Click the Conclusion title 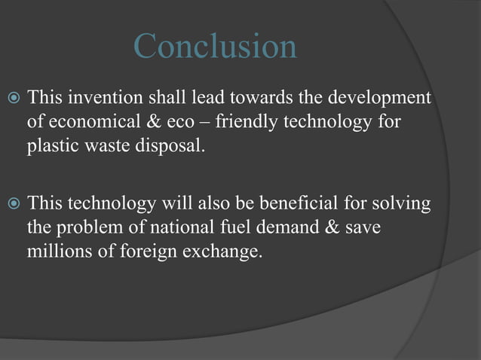point(215,47)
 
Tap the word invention point(101,99)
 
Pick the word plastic point(51,145)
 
